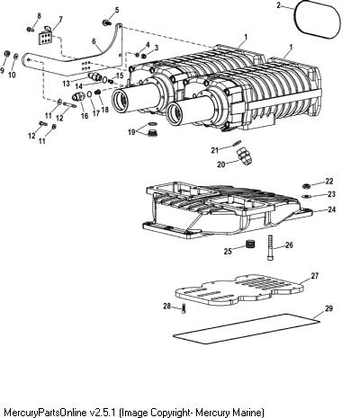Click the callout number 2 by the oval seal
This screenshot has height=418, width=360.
(x=278, y=5)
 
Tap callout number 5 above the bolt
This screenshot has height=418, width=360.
(x=116, y=10)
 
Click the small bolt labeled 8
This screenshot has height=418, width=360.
(x=30, y=30)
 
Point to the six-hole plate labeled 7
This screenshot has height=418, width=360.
(x=45, y=37)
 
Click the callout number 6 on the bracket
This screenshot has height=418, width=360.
(x=94, y=41)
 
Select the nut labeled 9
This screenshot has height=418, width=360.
(x=6, y=54)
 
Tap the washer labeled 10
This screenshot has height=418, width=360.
(x=16, y=56)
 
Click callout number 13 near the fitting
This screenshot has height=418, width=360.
(x=66, y=83)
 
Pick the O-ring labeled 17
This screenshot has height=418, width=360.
(x=89, y=94)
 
